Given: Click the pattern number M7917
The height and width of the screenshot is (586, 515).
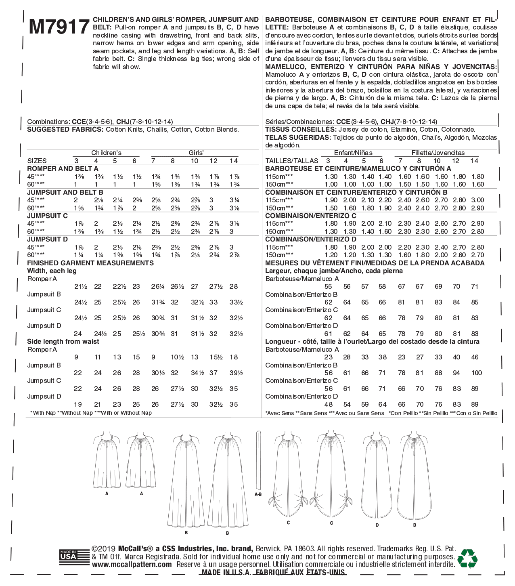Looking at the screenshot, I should (x=59, y=27).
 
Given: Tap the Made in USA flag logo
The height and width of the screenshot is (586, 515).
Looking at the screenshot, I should (x=74, y=558).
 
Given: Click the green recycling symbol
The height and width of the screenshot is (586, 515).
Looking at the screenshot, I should (x=467, y=558).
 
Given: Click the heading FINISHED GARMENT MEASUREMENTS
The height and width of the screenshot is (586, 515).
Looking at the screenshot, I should (x=90, y=263).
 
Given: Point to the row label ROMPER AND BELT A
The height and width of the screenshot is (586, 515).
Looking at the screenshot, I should (x=63, y=168).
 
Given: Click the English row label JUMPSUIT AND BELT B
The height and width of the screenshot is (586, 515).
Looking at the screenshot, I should (x=65, y=192).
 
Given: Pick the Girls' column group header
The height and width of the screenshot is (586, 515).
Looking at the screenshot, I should (x=196, y=153).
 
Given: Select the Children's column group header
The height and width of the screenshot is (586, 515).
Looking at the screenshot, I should (x=106, y=153).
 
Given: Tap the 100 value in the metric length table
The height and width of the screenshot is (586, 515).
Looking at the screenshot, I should (x=477, y=373).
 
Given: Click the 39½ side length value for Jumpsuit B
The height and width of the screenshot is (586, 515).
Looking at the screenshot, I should (x=236, y=373).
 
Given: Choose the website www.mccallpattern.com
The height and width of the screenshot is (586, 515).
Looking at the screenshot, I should (x=132, y=565).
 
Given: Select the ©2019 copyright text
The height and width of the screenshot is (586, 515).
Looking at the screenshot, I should (x=104, y=549).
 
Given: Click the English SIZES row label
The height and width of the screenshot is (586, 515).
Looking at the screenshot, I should (x=37, y=161).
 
